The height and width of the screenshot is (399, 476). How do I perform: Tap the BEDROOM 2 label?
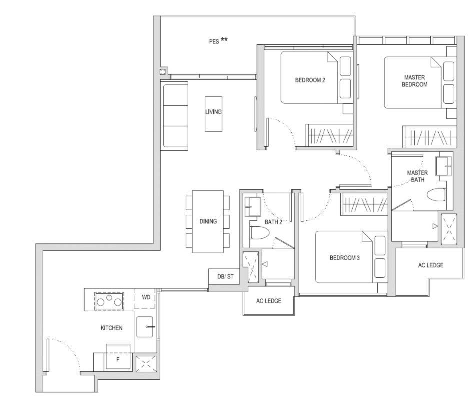[310, 80]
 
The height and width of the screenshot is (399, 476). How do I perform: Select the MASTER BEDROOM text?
[414, 81]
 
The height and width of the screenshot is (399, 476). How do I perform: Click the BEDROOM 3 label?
[344, 258]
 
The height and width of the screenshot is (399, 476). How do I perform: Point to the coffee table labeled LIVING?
[213, 114]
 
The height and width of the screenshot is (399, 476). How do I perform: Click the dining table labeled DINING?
[208, 222]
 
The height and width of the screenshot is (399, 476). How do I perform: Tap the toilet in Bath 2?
[260, 233]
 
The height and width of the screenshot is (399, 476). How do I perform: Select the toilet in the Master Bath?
[436, 195]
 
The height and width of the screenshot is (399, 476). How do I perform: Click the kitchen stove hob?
[109, 301]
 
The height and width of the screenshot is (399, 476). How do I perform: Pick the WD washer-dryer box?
[145, 298]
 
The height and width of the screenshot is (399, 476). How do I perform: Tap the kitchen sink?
[145, 327]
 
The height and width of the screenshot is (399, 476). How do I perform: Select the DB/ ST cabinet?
[226, 276]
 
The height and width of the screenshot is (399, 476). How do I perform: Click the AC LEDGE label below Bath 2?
[269, 301]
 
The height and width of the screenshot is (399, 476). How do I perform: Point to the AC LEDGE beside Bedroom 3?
[431, 265]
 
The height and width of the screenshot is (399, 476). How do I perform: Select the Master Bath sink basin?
[443, 166]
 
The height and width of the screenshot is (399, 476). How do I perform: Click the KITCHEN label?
[112, 328]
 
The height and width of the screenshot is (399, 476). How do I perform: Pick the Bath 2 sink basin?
[253, 207]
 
